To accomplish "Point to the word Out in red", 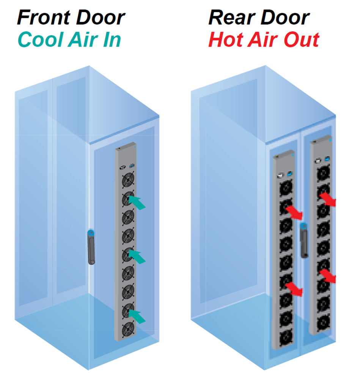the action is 302,39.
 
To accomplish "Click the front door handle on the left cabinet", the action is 91,247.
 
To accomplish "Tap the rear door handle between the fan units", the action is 304,240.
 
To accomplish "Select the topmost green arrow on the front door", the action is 137,203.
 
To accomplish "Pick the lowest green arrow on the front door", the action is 137,317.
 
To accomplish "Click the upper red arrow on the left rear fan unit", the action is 294,213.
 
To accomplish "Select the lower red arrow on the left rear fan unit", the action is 294,289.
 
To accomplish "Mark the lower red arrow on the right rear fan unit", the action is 328,276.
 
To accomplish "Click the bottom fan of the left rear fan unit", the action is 286,338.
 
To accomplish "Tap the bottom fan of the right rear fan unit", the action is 323,323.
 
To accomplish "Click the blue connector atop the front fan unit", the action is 132,166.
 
